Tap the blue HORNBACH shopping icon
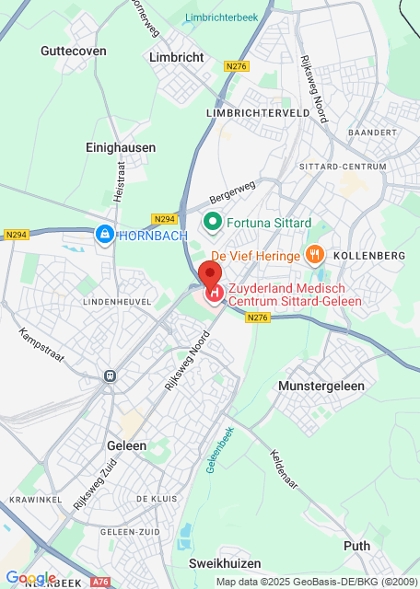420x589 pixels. point(105,236)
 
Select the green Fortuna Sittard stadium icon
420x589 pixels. point(211,223)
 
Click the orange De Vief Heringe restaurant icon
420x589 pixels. point(314,253)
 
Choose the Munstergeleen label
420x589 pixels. point(321,386)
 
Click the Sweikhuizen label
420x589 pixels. point(225,562)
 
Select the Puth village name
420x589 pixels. point(356,546)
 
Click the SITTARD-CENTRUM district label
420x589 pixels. point(343,167)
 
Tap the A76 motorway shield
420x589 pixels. point(100,582)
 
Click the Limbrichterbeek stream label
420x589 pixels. point(221,17)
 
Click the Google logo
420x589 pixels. point(30,578)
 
